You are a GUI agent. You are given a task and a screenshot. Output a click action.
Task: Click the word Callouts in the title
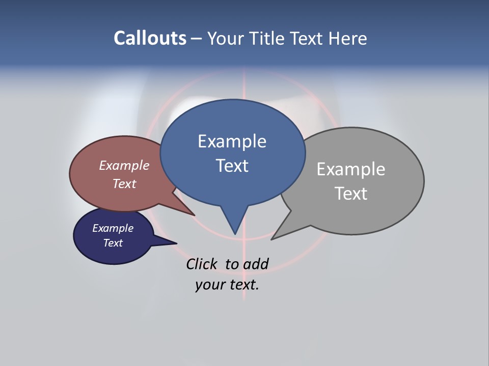(150, 38)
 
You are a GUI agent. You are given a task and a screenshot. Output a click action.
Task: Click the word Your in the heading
(226, 38)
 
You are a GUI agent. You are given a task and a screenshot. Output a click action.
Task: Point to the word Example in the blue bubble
(232, 141)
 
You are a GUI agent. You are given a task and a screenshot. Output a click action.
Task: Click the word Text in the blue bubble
(232, 166)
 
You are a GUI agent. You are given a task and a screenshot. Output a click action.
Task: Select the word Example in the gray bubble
(351, 169)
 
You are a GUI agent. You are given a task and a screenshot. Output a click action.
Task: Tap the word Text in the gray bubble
(351, 194)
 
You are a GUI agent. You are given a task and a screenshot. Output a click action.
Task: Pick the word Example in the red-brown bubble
(124, 165)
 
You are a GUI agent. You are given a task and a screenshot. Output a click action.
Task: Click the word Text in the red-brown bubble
(124, 184)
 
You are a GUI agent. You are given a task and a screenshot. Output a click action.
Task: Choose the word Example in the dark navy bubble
(113, 228)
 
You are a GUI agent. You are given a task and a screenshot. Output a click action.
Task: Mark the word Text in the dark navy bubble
(113, 243)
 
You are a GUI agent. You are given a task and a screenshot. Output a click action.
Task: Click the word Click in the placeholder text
(201, 264)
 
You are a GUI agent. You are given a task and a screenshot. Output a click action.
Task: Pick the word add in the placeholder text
(256, 264)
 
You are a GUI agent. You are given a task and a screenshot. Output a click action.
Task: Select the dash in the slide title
(197, 39)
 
